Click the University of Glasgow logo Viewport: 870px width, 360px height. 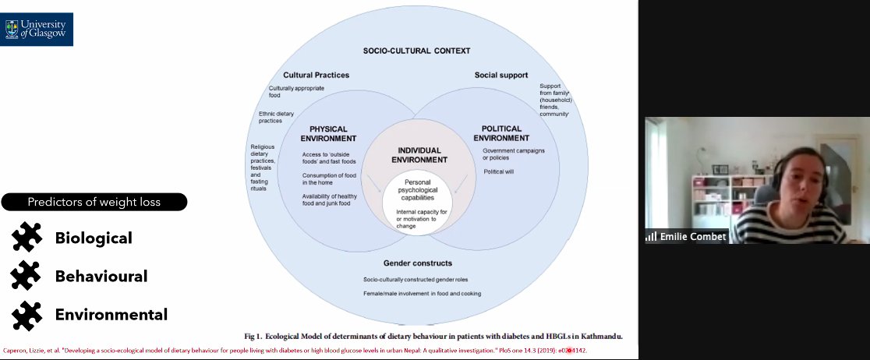37,29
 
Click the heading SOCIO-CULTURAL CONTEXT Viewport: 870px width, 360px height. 416,51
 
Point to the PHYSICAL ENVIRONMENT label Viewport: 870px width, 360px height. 328,133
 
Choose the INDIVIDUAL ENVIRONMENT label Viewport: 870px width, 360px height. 419,154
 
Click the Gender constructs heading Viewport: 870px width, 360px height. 419,263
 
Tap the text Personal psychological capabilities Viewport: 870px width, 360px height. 419,189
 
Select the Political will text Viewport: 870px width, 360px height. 498,171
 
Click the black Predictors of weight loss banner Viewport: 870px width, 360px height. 94,203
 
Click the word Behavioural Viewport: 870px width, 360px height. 101,276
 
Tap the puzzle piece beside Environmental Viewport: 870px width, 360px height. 27,314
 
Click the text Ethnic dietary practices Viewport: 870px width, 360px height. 271,117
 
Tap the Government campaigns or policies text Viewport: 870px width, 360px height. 514,154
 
